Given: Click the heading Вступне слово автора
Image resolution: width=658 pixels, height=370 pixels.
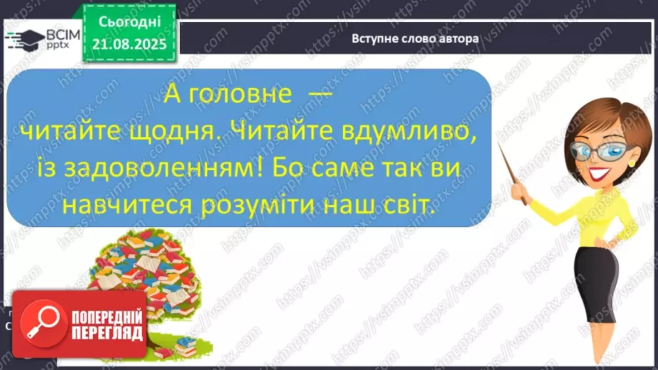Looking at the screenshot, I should tap(415, 39).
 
